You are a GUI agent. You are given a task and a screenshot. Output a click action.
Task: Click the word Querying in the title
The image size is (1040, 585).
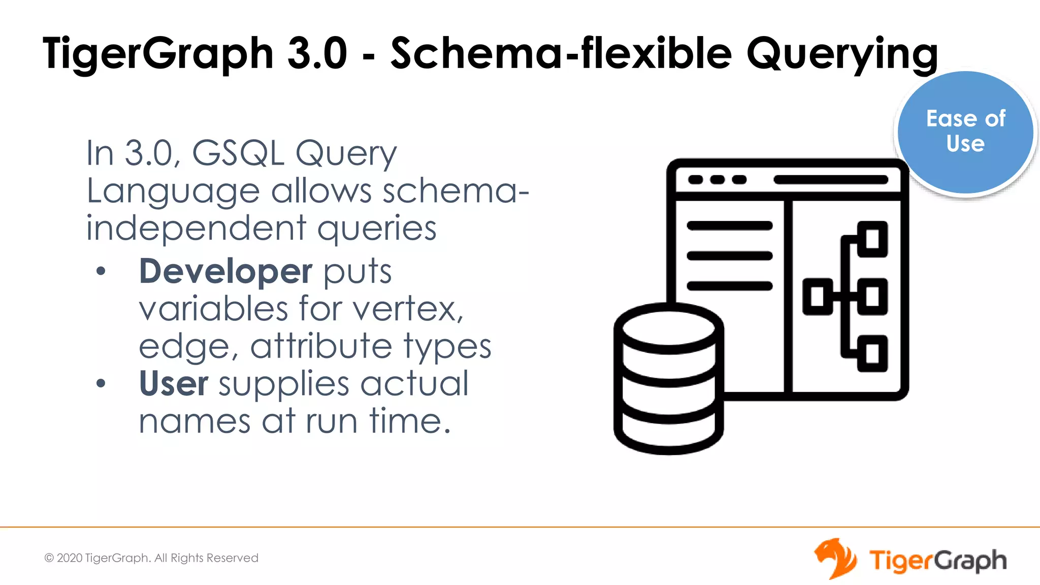[x=842, y=54]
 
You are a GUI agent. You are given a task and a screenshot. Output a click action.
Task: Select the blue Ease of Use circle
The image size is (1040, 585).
[x=965, y=132]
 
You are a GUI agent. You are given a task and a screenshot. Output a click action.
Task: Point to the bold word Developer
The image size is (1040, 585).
[x=225, y=271]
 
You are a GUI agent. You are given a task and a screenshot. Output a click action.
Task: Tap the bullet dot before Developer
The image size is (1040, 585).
[x=101, y=271]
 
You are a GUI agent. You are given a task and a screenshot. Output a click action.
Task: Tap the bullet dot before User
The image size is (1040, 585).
[x=101, y=383]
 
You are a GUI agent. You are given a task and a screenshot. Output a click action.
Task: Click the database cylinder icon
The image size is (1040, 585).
[x=668, y=379]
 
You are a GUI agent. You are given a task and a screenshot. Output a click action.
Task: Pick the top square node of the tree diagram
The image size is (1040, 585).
[x=872, y=239]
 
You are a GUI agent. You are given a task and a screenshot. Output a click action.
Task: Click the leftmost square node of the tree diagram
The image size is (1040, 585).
[x=817, y=297]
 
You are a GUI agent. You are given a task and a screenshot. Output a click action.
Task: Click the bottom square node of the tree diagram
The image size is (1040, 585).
[x=872, y=353]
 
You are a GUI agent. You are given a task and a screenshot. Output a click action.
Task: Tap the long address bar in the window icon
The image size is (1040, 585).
[x=831, y=180]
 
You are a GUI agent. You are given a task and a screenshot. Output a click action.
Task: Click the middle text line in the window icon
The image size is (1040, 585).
[x=729, y=256]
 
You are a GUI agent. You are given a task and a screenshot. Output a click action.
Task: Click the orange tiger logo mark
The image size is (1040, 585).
[x=835, y=559]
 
